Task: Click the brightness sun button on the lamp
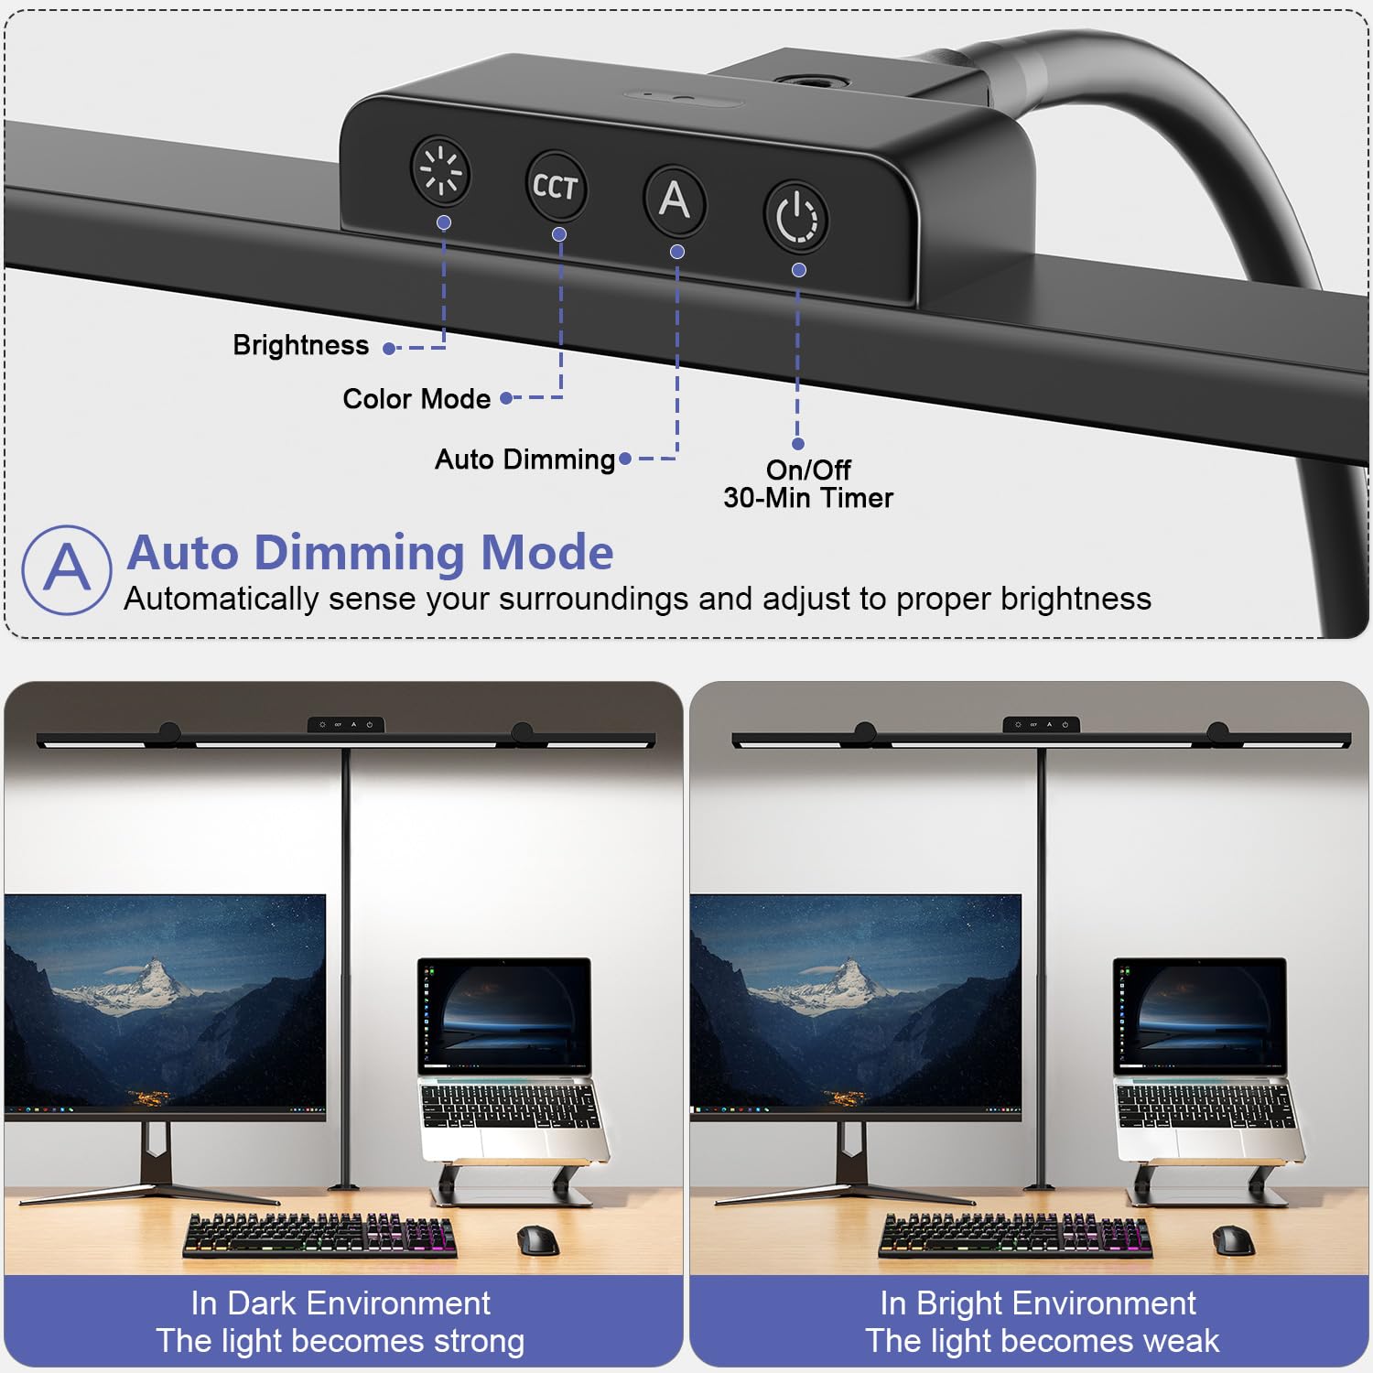[440, 171]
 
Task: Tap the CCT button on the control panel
[556, 186]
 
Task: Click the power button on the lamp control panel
[796, 218]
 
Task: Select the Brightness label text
[301, 345]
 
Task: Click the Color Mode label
[416, 399]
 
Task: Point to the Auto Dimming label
[524, 459]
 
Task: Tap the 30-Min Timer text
[808, 498]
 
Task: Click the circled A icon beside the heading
[67, 569]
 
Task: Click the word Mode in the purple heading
[547, 552]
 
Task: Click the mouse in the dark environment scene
[537, 1239]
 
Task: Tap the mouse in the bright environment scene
[1233, 1239]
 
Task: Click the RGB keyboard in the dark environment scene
[320, 1235]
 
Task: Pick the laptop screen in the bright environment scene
[1200, 1015]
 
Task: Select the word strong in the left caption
[479, 1342]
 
